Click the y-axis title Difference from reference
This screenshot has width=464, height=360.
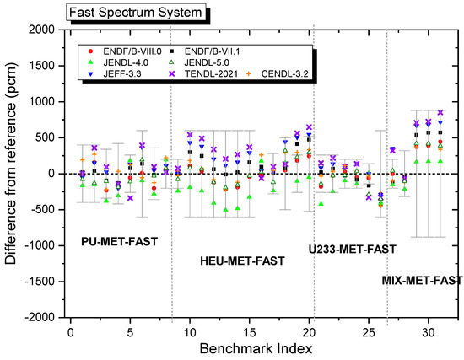point(12,173)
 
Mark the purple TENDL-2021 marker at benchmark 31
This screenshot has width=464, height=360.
point(440,112)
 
